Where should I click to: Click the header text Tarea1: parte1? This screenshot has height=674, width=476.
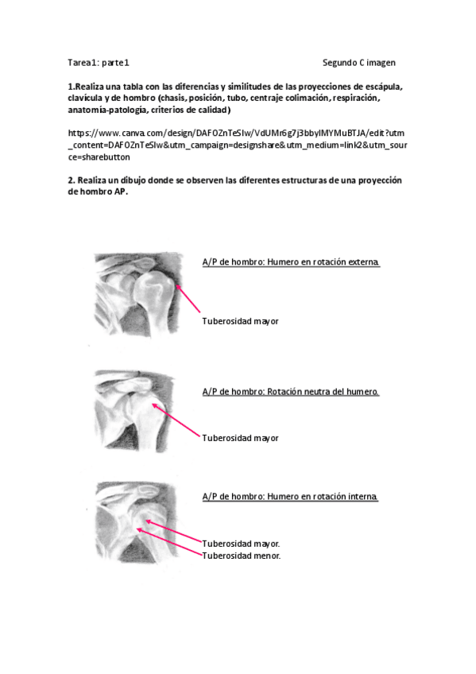(x=99, y=62)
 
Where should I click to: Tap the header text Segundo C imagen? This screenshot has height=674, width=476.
(x=358, y=62)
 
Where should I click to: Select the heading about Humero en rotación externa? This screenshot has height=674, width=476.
(x=291, y=262)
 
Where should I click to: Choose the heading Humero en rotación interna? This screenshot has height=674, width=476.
(x=290, y=497)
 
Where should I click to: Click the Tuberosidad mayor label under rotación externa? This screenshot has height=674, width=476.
(x=240, y=321)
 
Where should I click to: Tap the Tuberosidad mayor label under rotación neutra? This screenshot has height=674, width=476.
(x=240, y=438)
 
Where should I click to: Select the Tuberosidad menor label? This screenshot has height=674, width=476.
(x=241, y=556)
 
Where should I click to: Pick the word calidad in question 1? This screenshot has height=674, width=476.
(x=210, y=110)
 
